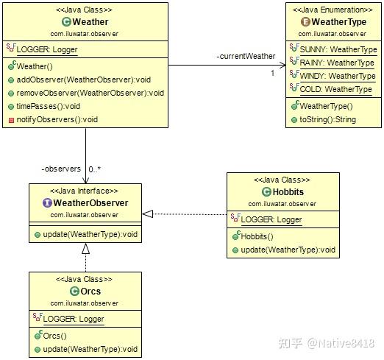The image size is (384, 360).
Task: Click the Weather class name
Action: (x=90, y=22)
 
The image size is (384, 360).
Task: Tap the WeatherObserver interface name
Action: (x=90, y=203)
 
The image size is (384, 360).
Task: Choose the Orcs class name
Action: (x=90, y=292)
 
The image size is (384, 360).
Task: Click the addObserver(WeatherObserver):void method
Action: (x=85, y=80)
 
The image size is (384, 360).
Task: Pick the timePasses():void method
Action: (x=58, y=107)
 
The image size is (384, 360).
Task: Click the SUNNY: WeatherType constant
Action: (x=338, y=49)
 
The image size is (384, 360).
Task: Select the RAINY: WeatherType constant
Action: (x=337, y=63)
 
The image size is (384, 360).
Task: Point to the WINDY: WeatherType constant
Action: (x=338, y=76)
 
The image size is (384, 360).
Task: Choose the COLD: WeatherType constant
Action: (x=335, y=89)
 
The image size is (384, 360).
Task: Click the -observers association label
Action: (x=61, y=169)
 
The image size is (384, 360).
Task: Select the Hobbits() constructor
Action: (x=257, y=236)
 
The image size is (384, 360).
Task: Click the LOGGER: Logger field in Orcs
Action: (x=73, y=319)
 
